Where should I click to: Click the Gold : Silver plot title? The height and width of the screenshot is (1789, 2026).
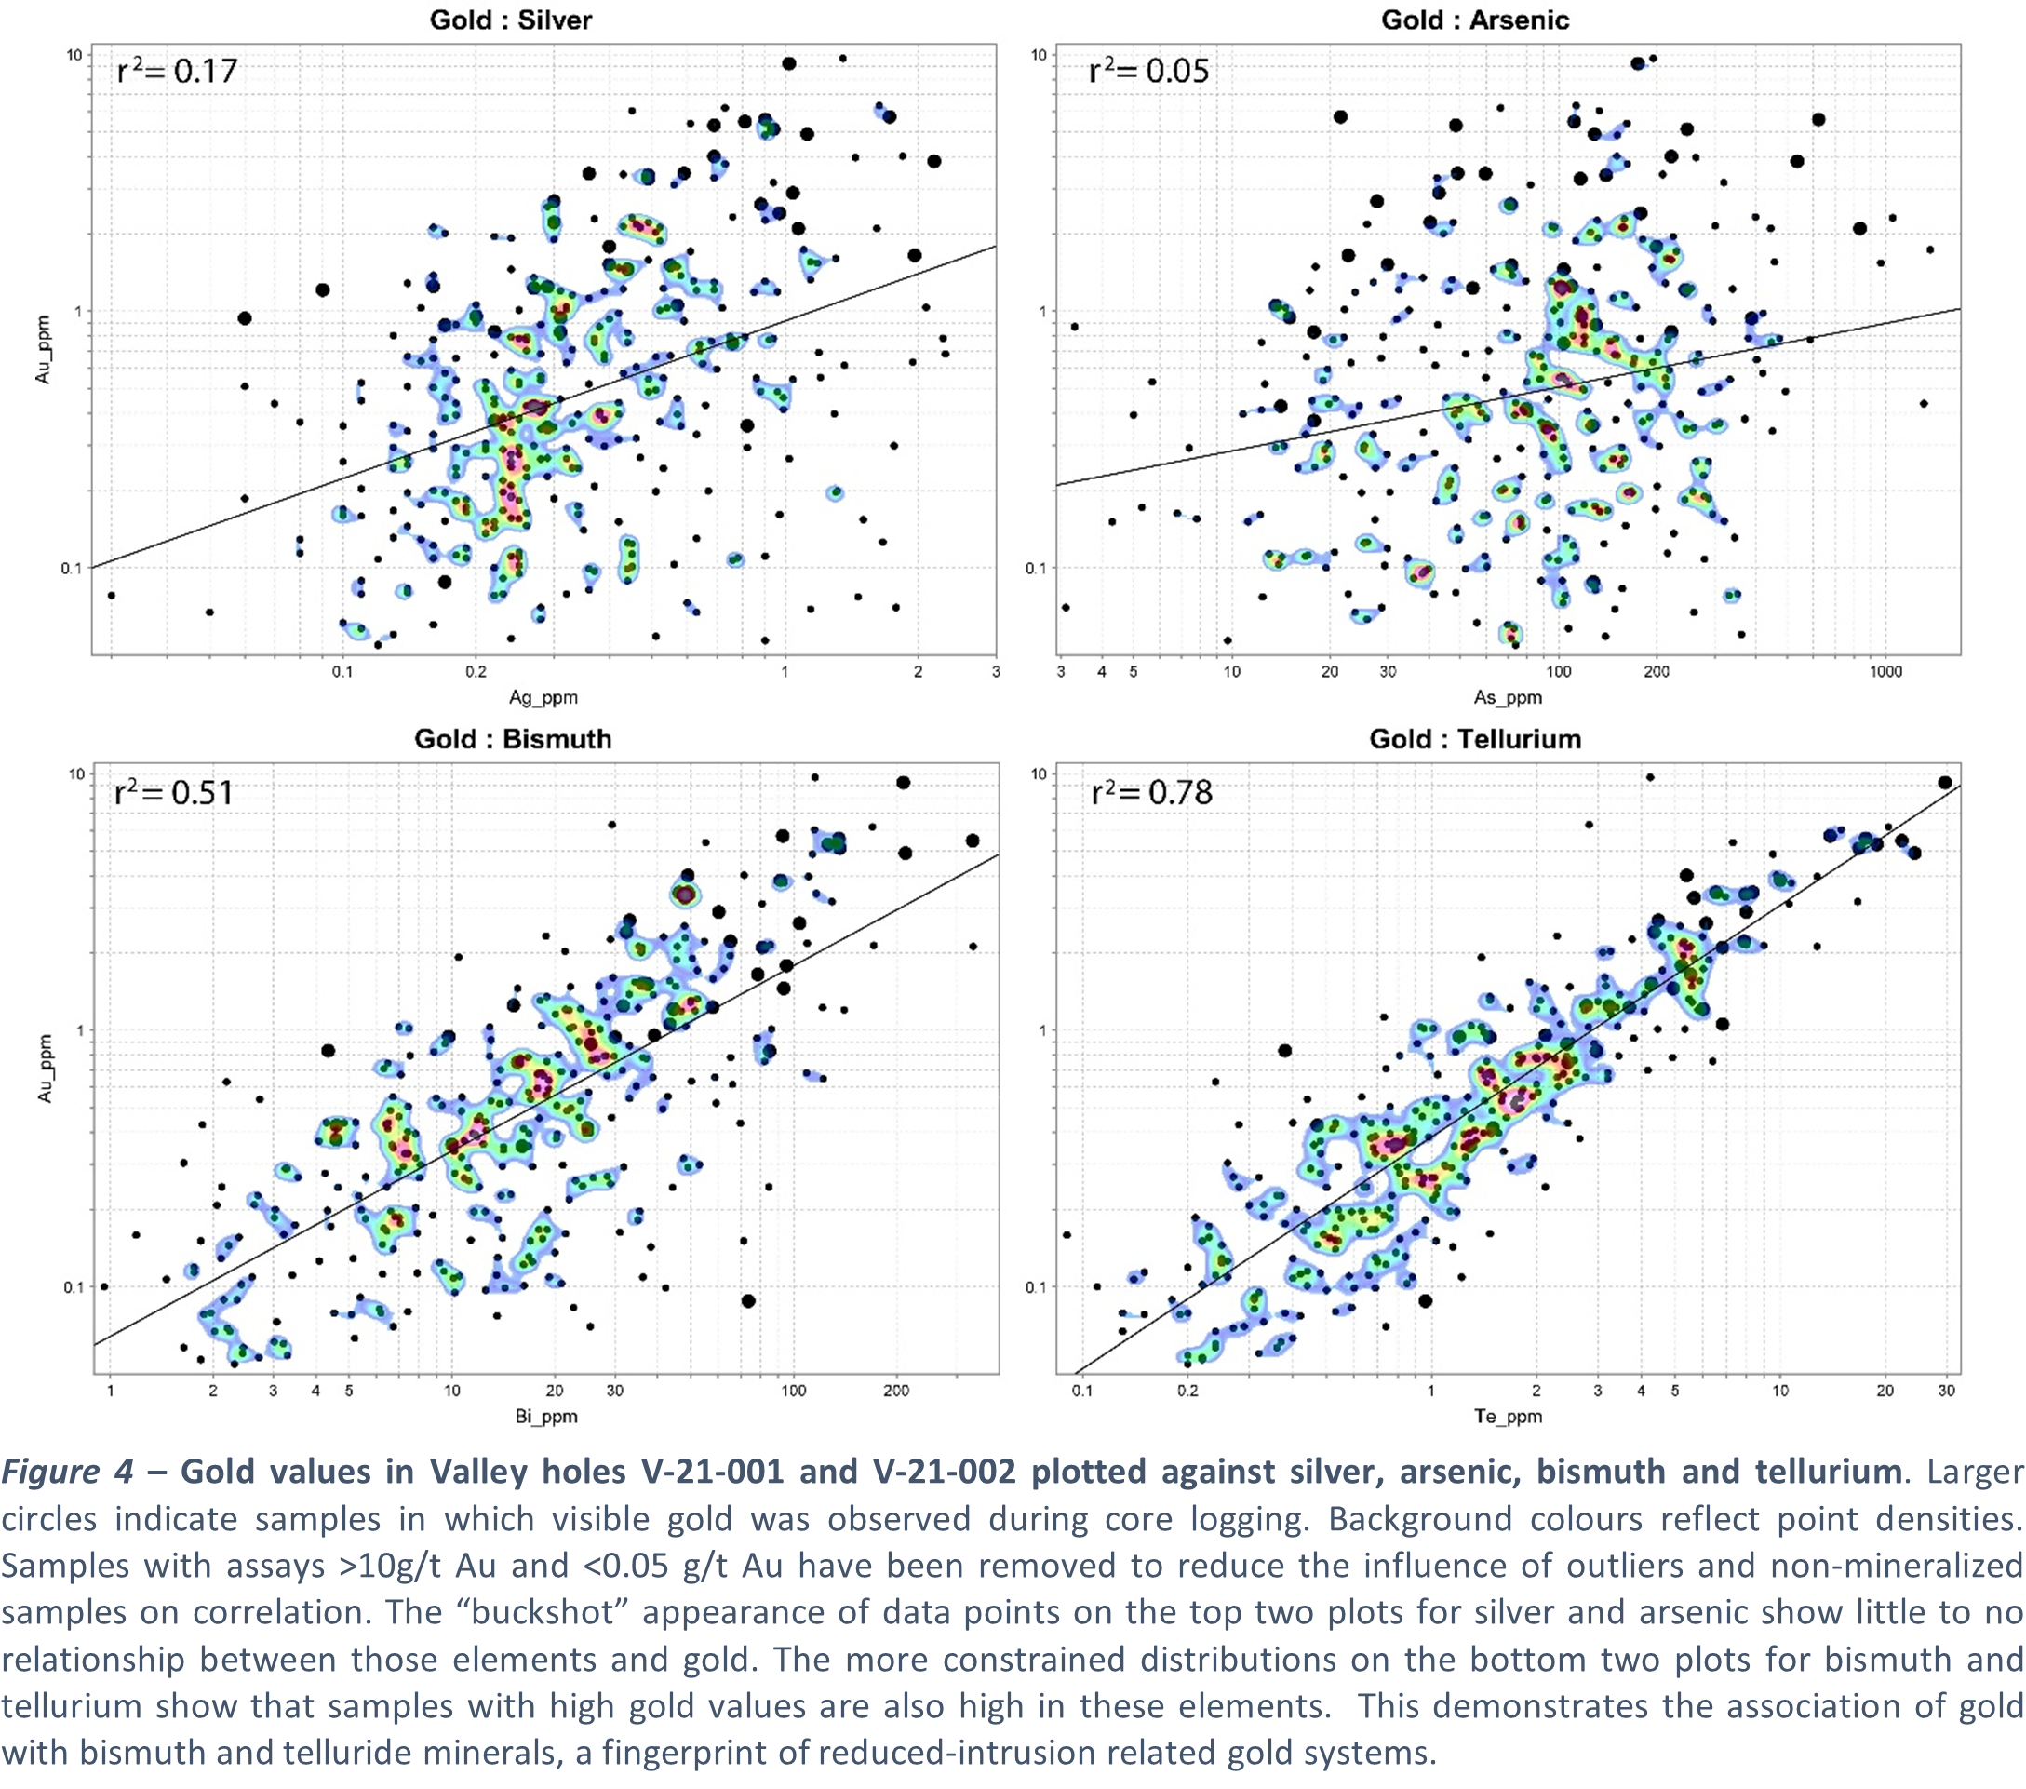pyautogui.click(x=511, y=20)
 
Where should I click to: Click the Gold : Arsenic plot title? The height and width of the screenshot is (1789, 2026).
pyautogui.click(x=1475, y=20)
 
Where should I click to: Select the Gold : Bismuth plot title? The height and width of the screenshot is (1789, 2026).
pyautogui.click(x=513, y=738)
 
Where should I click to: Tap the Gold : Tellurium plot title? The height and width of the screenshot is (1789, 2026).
pyautogui.click(x=1475, y=738)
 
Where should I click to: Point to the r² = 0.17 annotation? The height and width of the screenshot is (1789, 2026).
pyautogui.click(x=177, y=71)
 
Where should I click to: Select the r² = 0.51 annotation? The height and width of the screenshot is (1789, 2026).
pyautogui.click(x=173, y=792)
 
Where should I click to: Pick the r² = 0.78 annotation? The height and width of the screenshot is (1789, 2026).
pyautogui.click(x=1151, y=792)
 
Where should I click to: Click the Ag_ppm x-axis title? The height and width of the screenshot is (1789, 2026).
pyautogui.click(x=543, y=697)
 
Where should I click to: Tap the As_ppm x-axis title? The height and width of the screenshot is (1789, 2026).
pyautogui.click(x=1508, y=697)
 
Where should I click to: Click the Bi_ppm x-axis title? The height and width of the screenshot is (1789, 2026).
pyautogui.click(x=546, y=1416)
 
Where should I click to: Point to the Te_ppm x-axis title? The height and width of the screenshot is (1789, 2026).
pyautogui.click(x=1508, y=1416)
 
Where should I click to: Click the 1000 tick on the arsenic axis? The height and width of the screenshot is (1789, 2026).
pyautogui.click(x=1885, y=672)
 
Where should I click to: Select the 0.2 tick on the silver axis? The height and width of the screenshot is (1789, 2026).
pyautogui.click(x=476, y=672)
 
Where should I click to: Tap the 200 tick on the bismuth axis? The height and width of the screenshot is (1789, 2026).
pyautogui.click(x=896, y=1391)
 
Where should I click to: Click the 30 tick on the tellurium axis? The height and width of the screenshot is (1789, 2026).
pyautogui.click(x=1947, y=1391)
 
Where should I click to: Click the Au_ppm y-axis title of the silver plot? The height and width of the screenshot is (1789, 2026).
pyautogui.click(x=43, y=349)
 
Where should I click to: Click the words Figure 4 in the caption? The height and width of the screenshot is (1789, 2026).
pyautogui.click(x=67, y=1472)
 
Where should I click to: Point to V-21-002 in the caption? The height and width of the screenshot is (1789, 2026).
pyautogui.click(x=944, y=1472)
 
